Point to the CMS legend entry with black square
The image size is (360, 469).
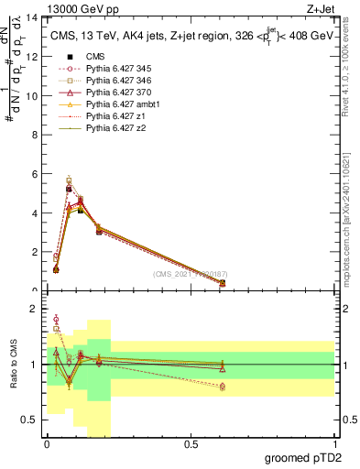tap(94, 57)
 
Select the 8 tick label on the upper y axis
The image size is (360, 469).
tap(36, 135)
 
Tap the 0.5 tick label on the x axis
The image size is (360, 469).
tap(191, 444)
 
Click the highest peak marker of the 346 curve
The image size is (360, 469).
tap(69, 180)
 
